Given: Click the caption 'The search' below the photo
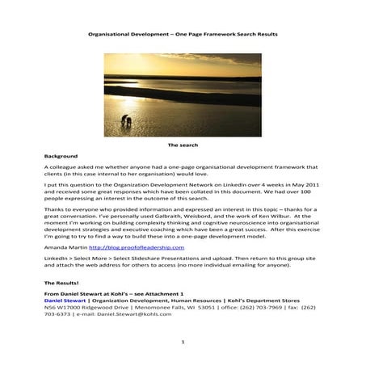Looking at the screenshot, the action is tap(182, 145).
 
